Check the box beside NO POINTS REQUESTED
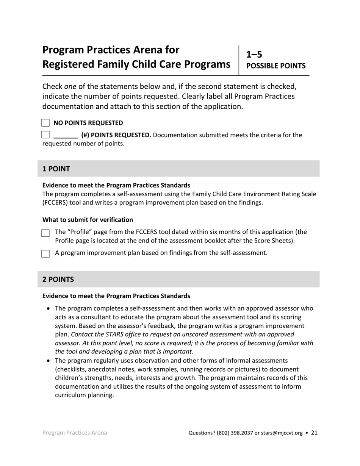tap(45, 123)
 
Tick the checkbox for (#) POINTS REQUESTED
tap(45, 134)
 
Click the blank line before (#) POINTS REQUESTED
tap(66, 136)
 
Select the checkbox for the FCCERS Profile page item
tap(45, 233)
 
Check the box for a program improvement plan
tap(45, 253)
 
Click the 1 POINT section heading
tap(56, 169)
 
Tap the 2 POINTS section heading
tap(58, 280)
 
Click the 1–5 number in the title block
tap(254, 54)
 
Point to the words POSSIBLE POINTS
tap(276, 66)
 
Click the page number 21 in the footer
tap(314, 433)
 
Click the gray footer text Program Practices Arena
tap(75, 433)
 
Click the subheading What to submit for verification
tap(88, 220)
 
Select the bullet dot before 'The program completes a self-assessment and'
tap(48, 309)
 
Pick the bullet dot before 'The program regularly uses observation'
tap(48, 361)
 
